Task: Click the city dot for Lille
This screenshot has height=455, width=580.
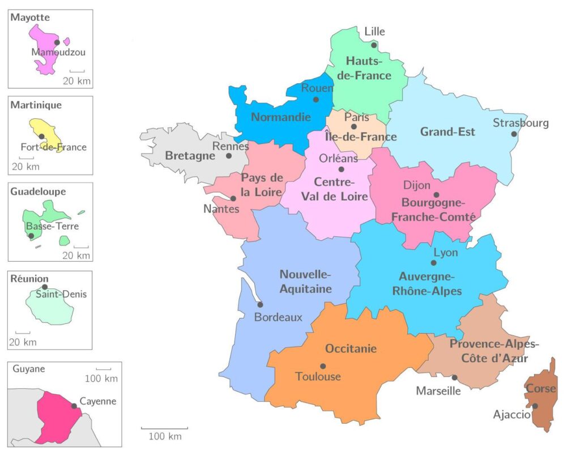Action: coord(374,45)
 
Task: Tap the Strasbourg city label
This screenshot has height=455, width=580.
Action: coord(521,123)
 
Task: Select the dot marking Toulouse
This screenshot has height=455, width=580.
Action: coord(323,366)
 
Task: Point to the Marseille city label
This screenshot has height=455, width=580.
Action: coord(438,391)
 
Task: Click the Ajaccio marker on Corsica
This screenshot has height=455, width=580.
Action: coord(535,406)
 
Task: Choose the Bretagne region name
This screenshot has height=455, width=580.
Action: coord(190,156)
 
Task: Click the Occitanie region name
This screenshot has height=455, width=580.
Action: coord(351,349)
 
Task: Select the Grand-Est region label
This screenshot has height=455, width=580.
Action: coord(447,132)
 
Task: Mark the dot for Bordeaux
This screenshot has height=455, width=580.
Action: coord(261,304)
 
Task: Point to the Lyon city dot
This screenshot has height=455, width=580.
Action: coord(433,263)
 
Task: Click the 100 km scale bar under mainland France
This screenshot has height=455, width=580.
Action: coord(164,429)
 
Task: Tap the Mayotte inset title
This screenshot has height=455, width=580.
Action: coord(30,18)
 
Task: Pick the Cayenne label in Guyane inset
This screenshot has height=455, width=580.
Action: coord(98,401)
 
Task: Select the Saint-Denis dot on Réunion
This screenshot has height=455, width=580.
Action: coord(45,287)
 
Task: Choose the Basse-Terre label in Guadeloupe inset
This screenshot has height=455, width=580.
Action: coord(53,227)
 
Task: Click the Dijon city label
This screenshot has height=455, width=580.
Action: coord(417,185)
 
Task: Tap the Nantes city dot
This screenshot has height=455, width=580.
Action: coord(233,198)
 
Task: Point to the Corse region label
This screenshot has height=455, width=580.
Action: coord(541,389)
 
